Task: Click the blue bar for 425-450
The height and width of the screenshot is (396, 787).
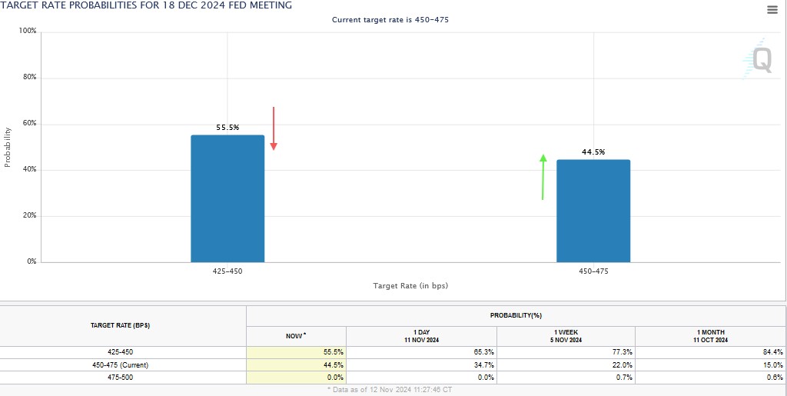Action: [227, 198]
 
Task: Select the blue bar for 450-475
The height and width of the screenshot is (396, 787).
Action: [593, 211]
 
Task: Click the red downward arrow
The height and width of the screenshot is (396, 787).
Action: [273, 129]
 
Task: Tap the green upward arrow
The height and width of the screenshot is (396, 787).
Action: [543, 177]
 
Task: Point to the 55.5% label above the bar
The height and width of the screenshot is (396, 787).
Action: [227, 128]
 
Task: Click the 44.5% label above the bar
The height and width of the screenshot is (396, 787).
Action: [593, 152]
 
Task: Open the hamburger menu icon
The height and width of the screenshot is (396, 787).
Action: [772, 9]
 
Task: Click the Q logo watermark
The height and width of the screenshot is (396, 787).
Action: [759, 59]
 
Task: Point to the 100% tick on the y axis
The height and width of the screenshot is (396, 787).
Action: [28, 31]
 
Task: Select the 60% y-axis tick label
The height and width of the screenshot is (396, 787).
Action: [29, 124]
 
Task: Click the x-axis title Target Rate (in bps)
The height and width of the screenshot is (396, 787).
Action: [410, 286]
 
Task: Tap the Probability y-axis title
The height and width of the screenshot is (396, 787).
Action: [8, 146]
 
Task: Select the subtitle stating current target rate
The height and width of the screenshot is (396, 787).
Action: [390, 20]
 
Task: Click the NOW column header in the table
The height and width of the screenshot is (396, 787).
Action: [296, 336]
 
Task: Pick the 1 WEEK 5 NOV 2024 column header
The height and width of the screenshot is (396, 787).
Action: [566, 336]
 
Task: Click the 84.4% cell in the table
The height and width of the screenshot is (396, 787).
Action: [772, 352]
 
